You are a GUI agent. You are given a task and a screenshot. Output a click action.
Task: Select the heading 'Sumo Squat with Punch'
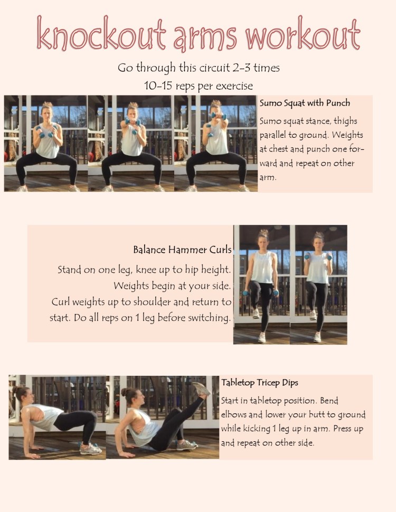305,103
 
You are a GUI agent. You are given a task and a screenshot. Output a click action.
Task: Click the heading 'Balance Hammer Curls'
182,250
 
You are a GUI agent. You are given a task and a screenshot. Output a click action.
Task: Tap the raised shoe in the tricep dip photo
201,390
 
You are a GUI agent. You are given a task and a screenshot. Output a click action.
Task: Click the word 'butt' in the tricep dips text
309,415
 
